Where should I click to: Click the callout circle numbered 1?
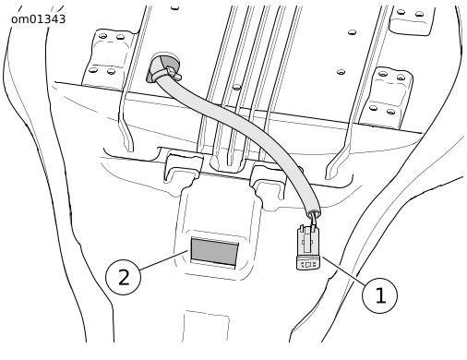(379, 295)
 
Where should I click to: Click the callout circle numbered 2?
(123, 277)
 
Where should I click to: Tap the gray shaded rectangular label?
(214, 251)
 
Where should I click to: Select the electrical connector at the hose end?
(308, 247)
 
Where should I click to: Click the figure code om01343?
(38, 19)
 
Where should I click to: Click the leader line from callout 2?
(164, 260)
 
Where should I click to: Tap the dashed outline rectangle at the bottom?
(206, 326)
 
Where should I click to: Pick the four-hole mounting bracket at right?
(387, 97)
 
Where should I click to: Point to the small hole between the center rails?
(236, 87)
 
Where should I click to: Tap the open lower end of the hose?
(314, 212)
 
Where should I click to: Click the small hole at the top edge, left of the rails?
(174, 7)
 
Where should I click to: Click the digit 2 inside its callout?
(124, 278)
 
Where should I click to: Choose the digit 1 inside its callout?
(381, 295)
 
